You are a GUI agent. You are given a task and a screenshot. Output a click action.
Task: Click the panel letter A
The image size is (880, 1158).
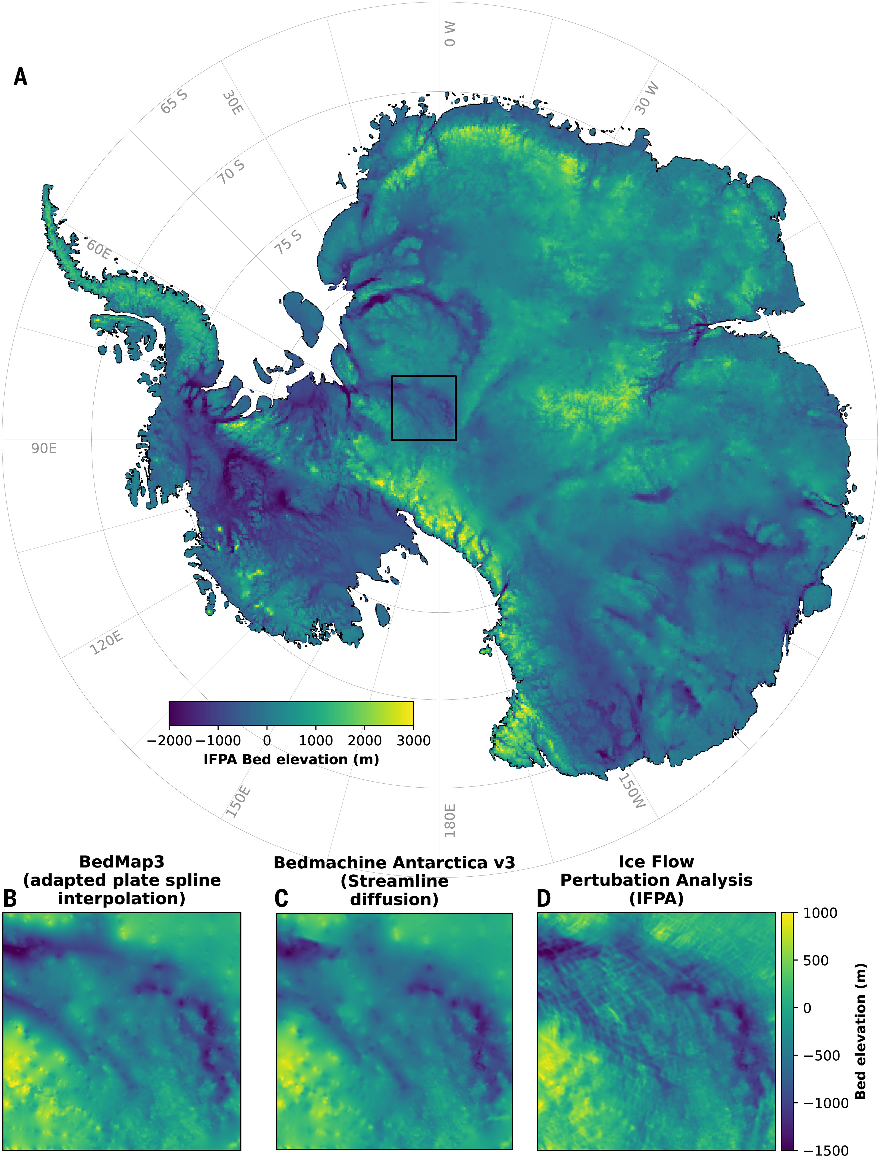click(21, 77)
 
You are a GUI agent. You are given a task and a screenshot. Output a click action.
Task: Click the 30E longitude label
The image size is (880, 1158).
click(233, 103)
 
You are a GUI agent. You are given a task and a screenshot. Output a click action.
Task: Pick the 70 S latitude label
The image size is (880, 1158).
click(231, 172)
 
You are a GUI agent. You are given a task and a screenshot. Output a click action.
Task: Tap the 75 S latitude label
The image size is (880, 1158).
click(289, 242)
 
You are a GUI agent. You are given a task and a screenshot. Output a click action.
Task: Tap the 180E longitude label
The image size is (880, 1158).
click(450, 820)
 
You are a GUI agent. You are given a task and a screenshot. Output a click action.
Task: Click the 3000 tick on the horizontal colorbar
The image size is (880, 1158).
click(413, 741)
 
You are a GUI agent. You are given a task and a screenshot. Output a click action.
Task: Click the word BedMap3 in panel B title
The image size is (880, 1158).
click(122, 862)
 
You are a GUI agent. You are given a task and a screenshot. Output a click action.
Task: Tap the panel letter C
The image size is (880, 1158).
click(281, 899)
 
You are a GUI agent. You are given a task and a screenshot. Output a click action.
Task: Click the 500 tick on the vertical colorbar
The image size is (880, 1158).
click(815, 961)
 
